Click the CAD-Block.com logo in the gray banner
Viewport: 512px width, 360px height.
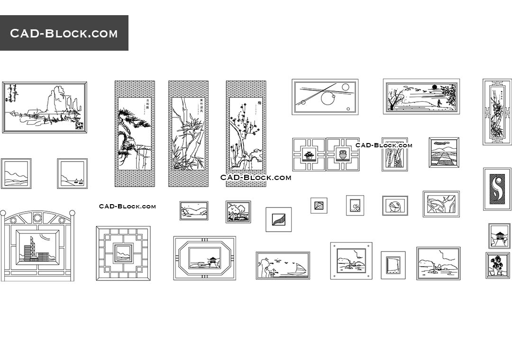click(64, 33)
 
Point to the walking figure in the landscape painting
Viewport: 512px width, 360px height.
click(439, 103)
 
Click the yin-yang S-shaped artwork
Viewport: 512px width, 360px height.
click(497, 189)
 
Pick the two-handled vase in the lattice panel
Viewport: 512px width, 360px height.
click(342, 154)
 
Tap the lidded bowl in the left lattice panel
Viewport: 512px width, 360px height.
click(309, 155)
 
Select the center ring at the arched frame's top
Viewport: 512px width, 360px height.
click(37, 218)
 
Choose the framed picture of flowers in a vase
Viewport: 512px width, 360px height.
click(497, 265)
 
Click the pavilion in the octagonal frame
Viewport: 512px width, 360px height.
click(213, 260)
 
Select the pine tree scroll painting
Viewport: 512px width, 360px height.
click(135, 133)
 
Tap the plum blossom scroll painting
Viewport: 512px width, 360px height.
click(246, 133)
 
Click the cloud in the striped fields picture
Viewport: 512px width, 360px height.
click(444, 142)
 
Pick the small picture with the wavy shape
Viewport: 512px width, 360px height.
click(278, 219)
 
